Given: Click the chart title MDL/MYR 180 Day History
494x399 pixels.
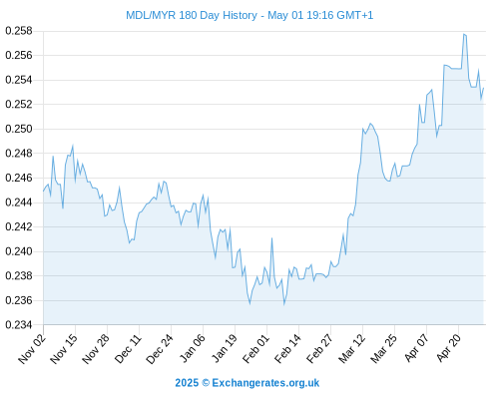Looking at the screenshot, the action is click(192, 15).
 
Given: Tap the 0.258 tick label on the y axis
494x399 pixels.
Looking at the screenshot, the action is click(19, 31).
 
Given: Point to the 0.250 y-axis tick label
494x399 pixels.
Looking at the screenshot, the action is click(19, 129).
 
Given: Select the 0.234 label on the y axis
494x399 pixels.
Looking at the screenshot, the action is click(19, 324).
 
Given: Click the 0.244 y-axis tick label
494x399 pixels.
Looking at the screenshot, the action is click(19, 202).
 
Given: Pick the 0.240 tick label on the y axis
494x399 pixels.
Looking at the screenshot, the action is click(19, 251).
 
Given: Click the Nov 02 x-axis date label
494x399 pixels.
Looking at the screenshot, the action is click(32, 349).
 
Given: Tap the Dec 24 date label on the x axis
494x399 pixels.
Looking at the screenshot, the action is click(160, 349).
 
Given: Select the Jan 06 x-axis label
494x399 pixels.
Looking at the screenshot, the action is click(192, 349).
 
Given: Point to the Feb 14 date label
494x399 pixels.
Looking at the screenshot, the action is click(287, 349).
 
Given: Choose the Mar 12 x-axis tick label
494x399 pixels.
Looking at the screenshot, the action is click(351, 349).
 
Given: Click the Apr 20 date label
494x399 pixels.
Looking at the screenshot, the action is click(448, 348).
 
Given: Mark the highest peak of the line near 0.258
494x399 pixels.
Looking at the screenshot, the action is click(463, 34).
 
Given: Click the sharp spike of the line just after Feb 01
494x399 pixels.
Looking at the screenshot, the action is click(271, 238).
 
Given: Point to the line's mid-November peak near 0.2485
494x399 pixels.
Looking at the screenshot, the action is click(73, 146).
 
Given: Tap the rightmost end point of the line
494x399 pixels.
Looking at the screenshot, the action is click(483, 88).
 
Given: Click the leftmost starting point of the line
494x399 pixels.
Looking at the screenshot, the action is click(43, 192).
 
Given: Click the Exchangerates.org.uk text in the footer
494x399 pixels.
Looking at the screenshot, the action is click(265, 383).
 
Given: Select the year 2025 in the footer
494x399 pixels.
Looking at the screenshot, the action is click(187, 383).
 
